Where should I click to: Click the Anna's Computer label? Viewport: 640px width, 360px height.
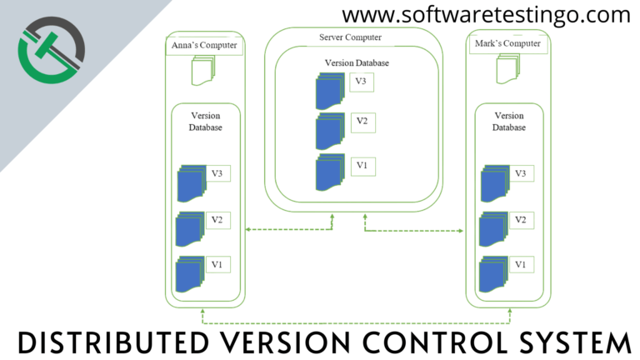pos(204,45)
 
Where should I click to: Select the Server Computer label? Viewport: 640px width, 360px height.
pos(350,37)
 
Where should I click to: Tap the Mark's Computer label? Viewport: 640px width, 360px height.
pos(507,43)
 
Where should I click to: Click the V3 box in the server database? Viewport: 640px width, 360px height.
pos(362,82)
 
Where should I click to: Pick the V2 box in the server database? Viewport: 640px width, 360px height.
pos(363,122)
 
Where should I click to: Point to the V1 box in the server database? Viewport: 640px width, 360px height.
pos(363,167)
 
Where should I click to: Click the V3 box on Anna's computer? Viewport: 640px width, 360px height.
pos(218,173)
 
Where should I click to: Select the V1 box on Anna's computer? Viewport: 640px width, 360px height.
pos(218,264)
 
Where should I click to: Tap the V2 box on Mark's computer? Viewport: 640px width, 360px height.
pos(522,220)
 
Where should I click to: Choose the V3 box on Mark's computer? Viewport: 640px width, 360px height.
pos(522,173)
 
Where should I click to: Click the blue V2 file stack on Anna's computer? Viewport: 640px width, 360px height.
pos(190,229)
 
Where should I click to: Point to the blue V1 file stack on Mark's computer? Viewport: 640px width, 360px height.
pos(494,274)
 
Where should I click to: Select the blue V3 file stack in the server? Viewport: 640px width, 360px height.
pos(330,92)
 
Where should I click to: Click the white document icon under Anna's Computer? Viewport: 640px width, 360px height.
pos(203,71)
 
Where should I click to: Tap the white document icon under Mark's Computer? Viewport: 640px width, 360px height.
pos(507,69)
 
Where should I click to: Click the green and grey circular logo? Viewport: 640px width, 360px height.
pos(52,50)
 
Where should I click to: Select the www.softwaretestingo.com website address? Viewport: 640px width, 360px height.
pos(486,15)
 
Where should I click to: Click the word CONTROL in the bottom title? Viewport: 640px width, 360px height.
pos(435,342)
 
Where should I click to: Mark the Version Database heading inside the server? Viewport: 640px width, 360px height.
pos(357,62)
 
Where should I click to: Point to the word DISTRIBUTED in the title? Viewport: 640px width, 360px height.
pos(113,342)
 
